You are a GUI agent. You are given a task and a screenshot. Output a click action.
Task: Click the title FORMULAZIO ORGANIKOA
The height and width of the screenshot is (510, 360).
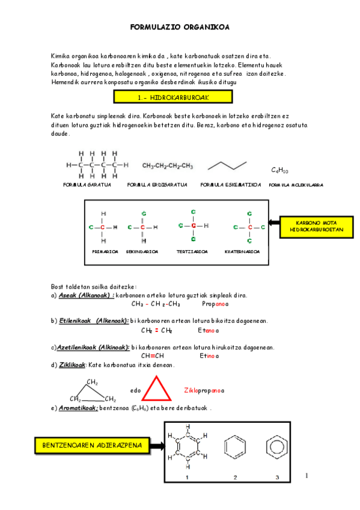click(180, 27)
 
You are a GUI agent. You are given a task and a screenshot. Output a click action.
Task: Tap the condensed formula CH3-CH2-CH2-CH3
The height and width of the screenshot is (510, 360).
click(168, 165)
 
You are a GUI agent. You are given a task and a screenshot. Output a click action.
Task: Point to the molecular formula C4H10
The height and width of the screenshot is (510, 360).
click(279, 171)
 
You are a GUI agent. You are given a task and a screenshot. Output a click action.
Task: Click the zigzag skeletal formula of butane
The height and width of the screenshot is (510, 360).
click(227, 165)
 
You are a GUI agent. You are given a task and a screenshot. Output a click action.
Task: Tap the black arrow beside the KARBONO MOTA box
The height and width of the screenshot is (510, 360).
click(272, 223)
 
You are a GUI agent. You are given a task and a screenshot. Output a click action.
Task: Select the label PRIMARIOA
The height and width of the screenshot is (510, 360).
click(105, 251)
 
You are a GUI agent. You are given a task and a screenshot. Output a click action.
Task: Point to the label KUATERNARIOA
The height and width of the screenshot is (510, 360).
click(242, 251)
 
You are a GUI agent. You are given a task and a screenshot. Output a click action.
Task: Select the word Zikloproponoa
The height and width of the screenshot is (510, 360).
click(204, 391)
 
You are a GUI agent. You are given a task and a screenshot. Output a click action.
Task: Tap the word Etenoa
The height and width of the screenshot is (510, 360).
click(208, 330)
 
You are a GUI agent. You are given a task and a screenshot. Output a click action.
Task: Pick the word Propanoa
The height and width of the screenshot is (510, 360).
click(214, 304)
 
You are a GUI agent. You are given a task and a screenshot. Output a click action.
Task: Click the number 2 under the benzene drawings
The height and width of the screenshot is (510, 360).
click(235, 477)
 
